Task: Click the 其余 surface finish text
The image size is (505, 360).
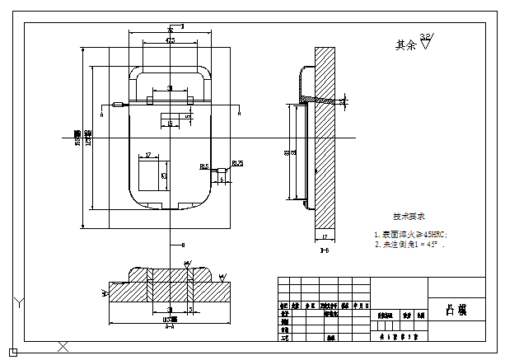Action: pyautogui.click(x=405, y=44)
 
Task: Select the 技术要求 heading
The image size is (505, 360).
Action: pyautogui.click(x=409, y=217)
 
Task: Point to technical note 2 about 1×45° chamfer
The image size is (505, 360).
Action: pyautogui.click(x=409, y=245)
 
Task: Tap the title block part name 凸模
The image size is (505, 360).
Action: pyautogui.click(x=456, y=311)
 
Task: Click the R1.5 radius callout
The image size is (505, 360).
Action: pyautogui.click(x=204, y=166)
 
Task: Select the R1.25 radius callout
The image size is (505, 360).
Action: pyautogui.click(x=237, y=163)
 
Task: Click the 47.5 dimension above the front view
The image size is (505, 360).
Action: pyautogui.click(x=170, y=40)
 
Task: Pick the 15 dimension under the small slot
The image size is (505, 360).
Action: pyautogui.click(x=170, y=124)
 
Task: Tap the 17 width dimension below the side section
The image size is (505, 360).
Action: pyautogui.click(x=325, y=238)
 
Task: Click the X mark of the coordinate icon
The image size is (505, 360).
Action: pyautogui.click(x=63, y=346)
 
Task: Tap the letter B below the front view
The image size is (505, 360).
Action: pyautogui.click(x=182, y=245)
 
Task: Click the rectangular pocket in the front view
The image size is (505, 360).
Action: pyautogui.click(x=153, y=175)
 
